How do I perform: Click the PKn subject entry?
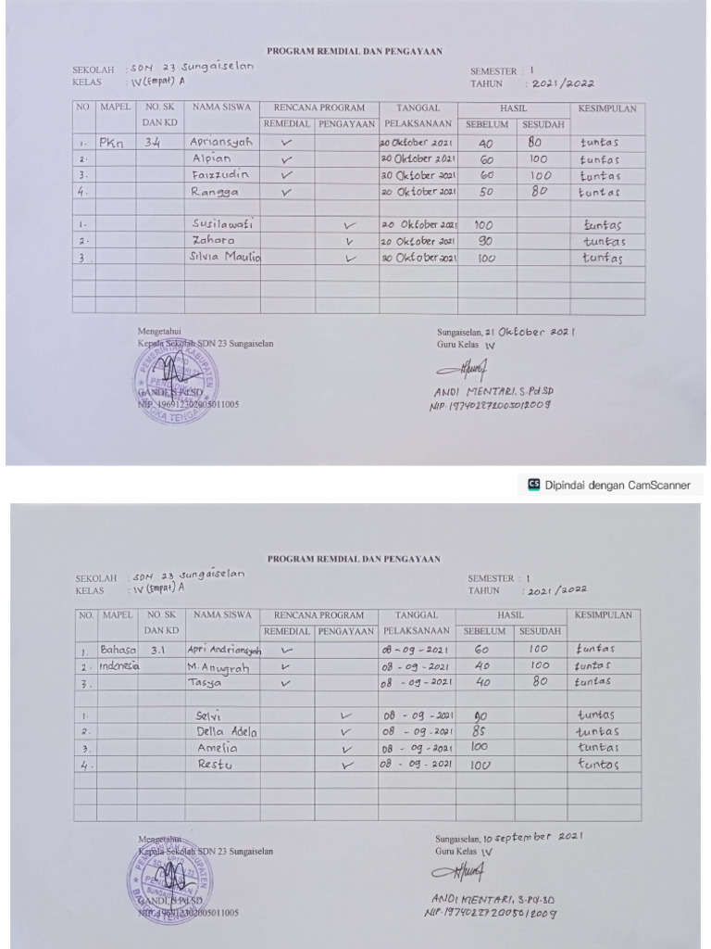[x=112, y=144]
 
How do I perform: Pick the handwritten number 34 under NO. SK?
[x=154, y=143]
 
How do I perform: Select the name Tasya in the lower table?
[x=206, y=682]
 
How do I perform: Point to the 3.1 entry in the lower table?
[x=157, y=650]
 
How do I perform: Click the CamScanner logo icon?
[x=533, y=484]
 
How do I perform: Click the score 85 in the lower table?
[x=480, y=731]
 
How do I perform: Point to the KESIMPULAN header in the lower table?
[x=604, y=614]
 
